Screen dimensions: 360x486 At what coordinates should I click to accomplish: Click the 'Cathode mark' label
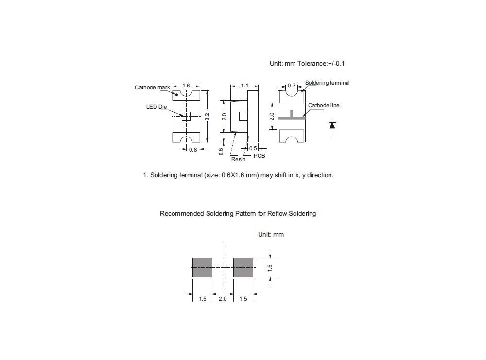[x=152, y=87]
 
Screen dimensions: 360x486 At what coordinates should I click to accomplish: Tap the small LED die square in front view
[x=186, y=116]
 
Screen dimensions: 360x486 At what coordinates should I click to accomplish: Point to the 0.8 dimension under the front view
[x=193, y=150]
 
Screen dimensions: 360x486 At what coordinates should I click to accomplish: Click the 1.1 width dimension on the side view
[x=245, y=86]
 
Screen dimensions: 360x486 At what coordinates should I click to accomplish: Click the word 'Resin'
[x=238, y=159]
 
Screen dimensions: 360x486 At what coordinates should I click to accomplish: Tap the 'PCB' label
[x=260, y=156]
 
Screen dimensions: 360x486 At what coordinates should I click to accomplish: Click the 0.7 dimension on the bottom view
[x=291, y=86]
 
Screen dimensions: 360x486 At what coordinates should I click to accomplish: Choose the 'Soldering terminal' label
[x=327, y=83]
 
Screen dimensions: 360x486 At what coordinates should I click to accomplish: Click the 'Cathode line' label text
[x=324, y=105]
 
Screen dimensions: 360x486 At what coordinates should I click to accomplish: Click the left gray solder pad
[x=202, y=268]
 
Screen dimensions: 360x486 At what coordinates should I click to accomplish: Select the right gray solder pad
[x=243, y=268]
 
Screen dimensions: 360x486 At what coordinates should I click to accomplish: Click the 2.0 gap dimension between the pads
[x=223, y=299]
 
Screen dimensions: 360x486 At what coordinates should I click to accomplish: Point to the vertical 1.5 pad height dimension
[x=270, y=268]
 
